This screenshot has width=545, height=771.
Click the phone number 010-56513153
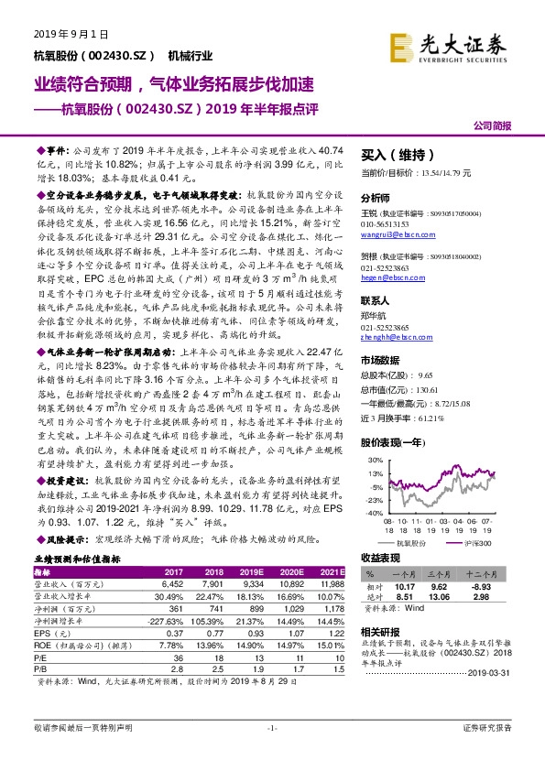388,223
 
